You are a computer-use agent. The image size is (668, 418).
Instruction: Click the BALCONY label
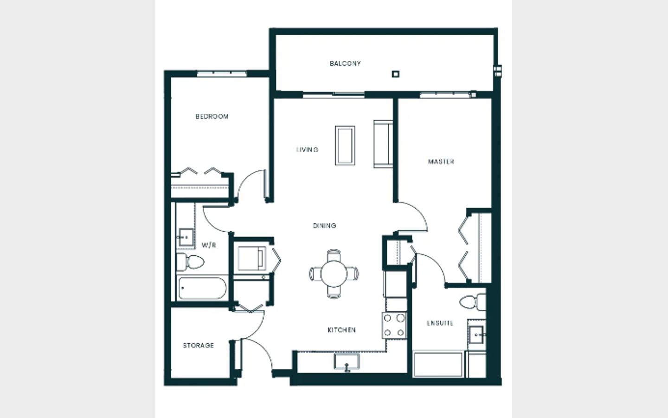click(345, 63)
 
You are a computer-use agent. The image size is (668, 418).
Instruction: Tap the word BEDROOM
click(212, 117)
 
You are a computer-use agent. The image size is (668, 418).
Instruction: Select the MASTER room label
click(441, 162)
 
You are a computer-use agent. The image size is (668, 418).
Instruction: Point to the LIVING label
click(307, 149)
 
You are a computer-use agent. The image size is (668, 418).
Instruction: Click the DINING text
click(324, 225)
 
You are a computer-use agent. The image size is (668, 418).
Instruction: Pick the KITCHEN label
click(341, 330)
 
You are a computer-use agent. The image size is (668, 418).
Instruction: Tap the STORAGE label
click(199, 345)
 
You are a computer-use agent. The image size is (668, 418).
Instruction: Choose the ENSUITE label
click(440, 323)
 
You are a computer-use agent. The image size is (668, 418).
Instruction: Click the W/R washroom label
click(209, 245)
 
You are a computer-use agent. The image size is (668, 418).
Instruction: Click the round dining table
click(334, 274)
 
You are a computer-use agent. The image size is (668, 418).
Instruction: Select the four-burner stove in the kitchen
click(394, 326)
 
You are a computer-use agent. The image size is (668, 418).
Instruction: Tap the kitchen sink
click(347, 362)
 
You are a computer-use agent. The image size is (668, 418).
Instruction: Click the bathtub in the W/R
click(202, 288)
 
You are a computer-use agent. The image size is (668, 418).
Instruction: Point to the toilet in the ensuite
click(473, 302)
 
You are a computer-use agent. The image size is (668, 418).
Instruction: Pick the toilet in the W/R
click(190, 262)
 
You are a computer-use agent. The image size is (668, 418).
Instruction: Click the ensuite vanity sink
click(476, 335)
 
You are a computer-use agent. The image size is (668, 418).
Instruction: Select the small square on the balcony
click(395, 74)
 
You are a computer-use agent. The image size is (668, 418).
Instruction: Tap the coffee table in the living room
click(345, 145)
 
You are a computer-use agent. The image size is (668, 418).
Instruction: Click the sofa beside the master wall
click(383, 144)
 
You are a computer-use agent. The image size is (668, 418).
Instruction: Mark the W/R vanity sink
click(186, 237)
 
